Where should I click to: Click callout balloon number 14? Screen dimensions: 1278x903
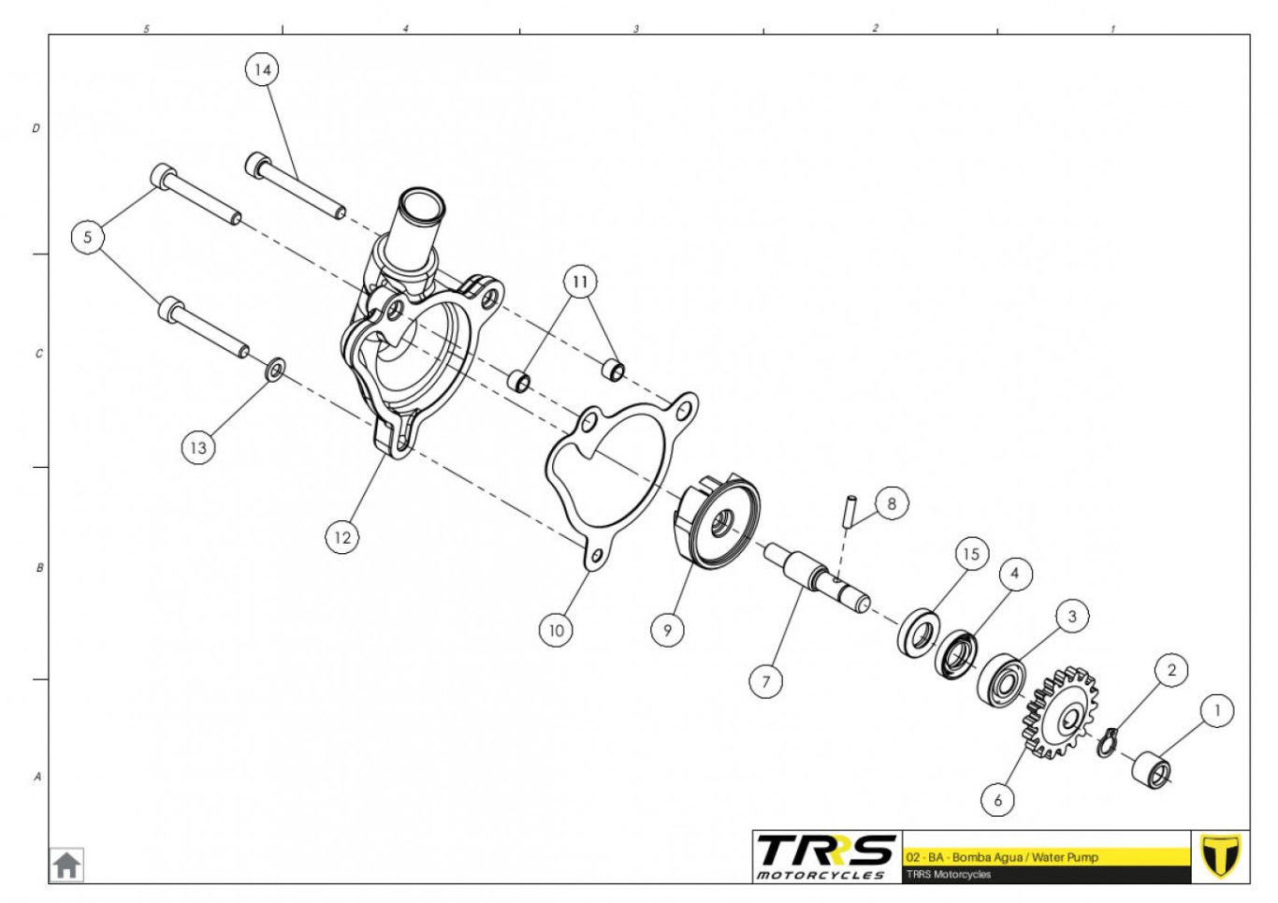tap(262, 69)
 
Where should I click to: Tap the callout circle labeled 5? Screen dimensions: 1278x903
tap(87, 237)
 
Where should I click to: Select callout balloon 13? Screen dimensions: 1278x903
tap(198, 447)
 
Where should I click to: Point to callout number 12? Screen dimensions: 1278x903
tap(342, 537)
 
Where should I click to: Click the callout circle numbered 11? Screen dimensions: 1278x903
tap(580, 282)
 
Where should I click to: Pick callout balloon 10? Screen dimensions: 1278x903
tap(556, 630)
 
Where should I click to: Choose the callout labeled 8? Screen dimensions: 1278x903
tap(892, 502)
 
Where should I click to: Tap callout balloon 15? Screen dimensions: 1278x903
tap(970, 553)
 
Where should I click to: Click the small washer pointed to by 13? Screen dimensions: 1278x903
tap(275, 370)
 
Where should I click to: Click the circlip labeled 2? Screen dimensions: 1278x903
tap(1107, 743)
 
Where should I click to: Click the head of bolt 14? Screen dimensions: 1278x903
tap(256, 165)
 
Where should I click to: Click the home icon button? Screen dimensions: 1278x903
tap(66, 865)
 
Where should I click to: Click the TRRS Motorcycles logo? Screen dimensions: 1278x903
tap(826, 856)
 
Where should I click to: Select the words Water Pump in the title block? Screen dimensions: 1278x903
tap(1065, 857)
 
